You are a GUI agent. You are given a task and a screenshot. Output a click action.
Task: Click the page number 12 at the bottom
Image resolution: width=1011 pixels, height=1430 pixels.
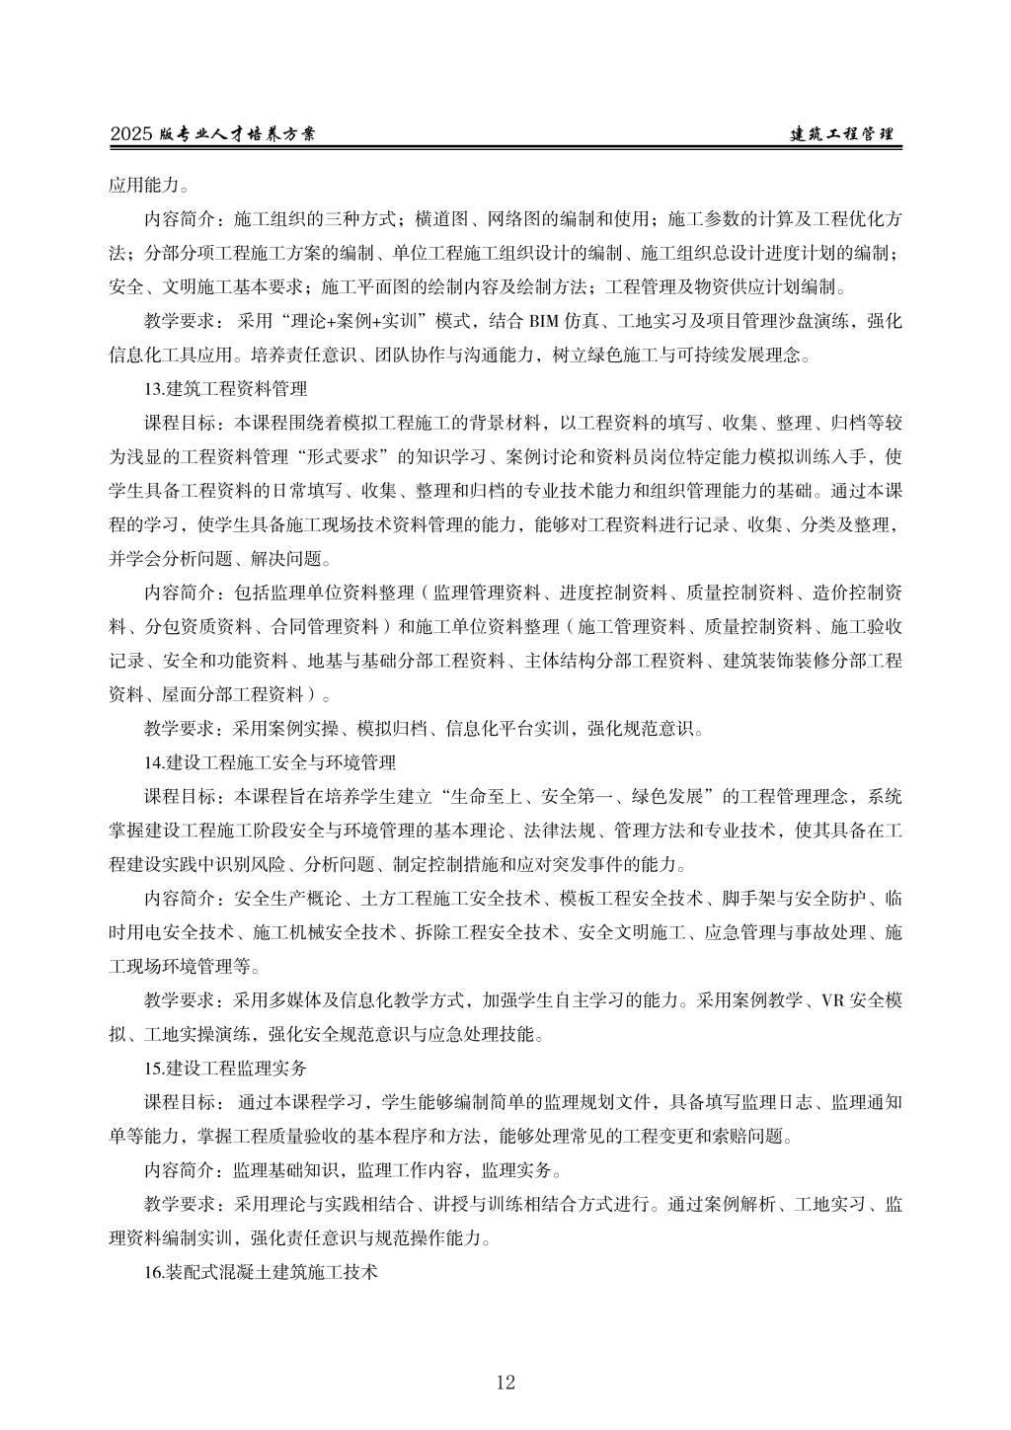click(x=505, y=1382)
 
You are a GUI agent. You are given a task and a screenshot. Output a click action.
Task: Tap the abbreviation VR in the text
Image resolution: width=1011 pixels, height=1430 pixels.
click(x=831, y=999)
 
